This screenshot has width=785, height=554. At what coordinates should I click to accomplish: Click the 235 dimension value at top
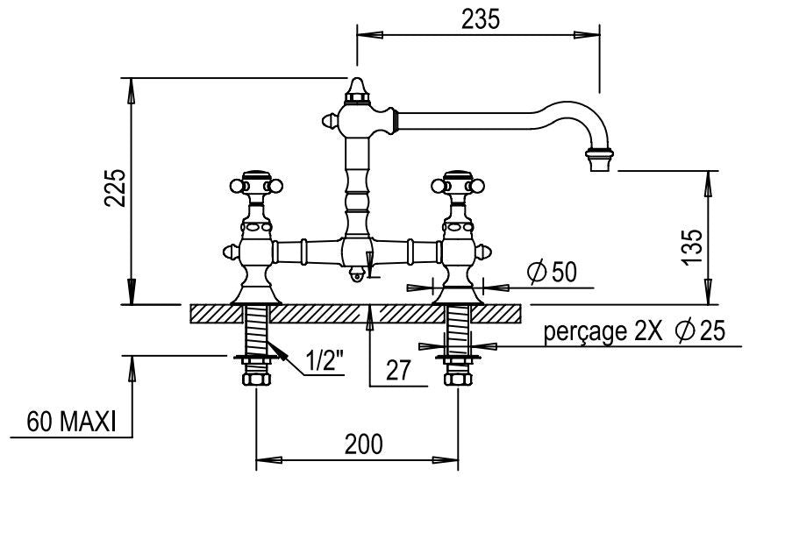pos(481,19)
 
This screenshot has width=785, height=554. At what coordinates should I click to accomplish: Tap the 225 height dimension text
pos(117,189)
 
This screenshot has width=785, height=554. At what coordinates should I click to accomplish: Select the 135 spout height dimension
pos(692,247)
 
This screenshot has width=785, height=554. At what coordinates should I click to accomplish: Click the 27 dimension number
pos(398,370)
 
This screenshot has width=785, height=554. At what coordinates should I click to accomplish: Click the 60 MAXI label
pos(71,422)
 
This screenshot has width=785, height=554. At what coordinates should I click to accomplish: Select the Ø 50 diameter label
pos(552,273)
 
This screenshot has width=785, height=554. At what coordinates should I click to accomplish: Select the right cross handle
pos(458,184)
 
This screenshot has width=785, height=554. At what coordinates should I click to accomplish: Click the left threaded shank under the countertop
pos(255,329)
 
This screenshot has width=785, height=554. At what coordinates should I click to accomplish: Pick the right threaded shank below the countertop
pos(458,329)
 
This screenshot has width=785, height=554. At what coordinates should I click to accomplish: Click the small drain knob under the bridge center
pos(356,275)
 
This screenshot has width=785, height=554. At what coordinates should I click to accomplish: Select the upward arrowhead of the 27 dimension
pos(370,312)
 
